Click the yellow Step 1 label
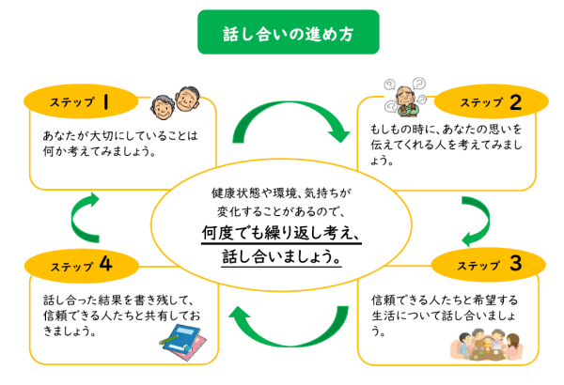pyautogui.click(x=81, y=100)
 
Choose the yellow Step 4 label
pyautogui.click(x=81, y=266)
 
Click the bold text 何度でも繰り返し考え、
pyautogui.click(x=281, y=234)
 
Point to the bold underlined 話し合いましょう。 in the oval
pyautogui.click(x=281, y=255)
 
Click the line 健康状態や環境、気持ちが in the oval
pyautogui.click(x=281, y=192)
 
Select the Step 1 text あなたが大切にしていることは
pyautogui.click(x=122, y=134)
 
